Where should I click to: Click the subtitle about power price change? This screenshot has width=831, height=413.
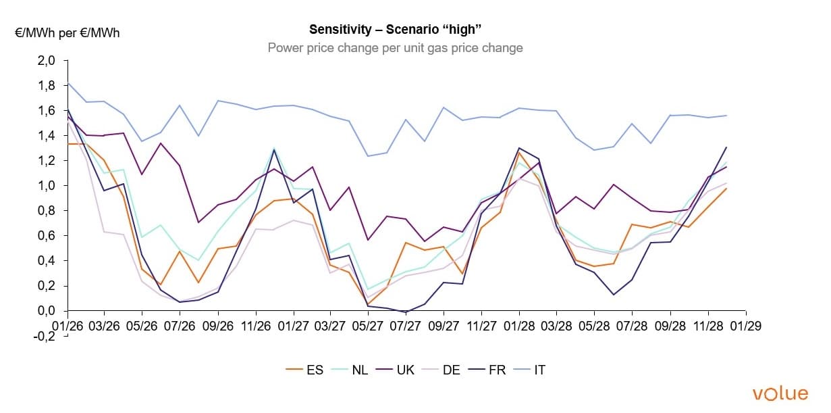395,48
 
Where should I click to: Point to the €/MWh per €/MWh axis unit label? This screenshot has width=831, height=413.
67,32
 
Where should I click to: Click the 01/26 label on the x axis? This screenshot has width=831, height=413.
67,325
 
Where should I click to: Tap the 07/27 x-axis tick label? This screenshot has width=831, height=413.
406,325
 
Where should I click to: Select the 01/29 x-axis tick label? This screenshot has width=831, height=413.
745,325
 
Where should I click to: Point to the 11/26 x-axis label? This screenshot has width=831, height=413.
256,325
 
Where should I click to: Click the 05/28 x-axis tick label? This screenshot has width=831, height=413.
595,325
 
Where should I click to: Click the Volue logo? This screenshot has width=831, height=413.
780,393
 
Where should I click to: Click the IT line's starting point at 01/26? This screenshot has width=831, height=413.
68,83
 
